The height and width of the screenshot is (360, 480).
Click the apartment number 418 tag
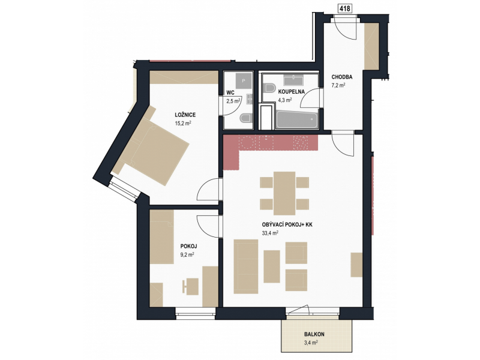click(x=345, y=8)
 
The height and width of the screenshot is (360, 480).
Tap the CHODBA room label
click(x=342, y=77)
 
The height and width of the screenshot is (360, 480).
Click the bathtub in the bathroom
click(x=297, y=119)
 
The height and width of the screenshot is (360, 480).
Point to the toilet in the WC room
click(x=247, y=118)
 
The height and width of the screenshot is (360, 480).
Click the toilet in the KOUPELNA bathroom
click(x=269, y=88)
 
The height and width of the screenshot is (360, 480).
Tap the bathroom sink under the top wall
click(x=293, y=80)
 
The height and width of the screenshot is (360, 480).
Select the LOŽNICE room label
click(x=185, y=115)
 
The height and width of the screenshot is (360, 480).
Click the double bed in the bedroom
click(x=150, y=146)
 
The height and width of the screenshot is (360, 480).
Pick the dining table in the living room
click(x=284, y=193)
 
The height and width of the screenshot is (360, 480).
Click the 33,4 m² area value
click(x=270, y=233)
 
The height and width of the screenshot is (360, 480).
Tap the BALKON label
click(x=314, y=334)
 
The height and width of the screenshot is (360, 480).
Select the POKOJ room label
click(x=188, y=246)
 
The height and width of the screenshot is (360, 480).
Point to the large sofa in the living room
click(x=246, y=266)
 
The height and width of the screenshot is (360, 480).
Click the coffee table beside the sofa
click(x=272, y=266)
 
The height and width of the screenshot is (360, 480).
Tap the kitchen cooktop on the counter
click(x=300, y=142)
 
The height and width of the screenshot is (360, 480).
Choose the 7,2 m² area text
click(x=338, y=85)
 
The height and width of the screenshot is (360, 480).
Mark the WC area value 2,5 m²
click(x=233, y=101)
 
